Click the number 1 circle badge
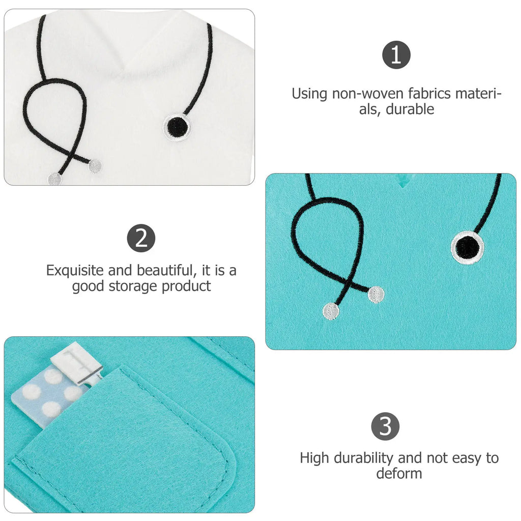(x=396, y=55)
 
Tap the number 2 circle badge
(x=141, y=238)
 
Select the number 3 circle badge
(x=386, y=426)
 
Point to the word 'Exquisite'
(x=75, y=270)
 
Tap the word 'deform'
(x=399, y=473)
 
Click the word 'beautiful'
(x=166, y=270)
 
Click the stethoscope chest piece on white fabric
(x=177, y=128)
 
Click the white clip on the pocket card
(x=77, y=363)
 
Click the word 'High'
(x=314, y=458)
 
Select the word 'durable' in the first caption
(x=410, y=109)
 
